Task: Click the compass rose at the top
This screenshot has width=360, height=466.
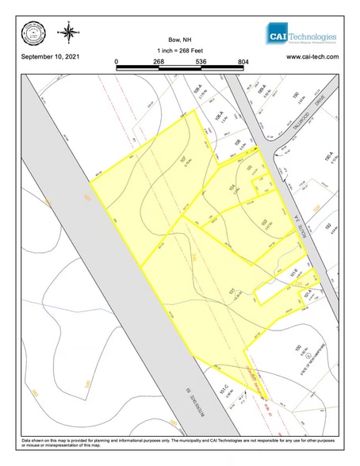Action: pyautogui.click(x=70, y=33)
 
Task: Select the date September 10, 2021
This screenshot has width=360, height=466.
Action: pyautogui.click(x=50, y=58)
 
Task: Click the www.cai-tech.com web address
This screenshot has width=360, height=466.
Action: pyautogui.click(x=312, y=58)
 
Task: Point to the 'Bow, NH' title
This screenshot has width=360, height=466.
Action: pyautogui.click(x=180, y=39)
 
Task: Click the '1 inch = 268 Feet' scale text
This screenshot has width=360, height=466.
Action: pyautogui.click(x=180, y=50)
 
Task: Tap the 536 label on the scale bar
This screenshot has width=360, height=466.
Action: pyautogui.click(x=201, y=61)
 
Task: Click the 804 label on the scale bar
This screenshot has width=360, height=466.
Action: pyautogui.click(x=243, y=61)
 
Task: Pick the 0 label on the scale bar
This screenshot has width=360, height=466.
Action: pyautogui.click(x=117, y=61)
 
